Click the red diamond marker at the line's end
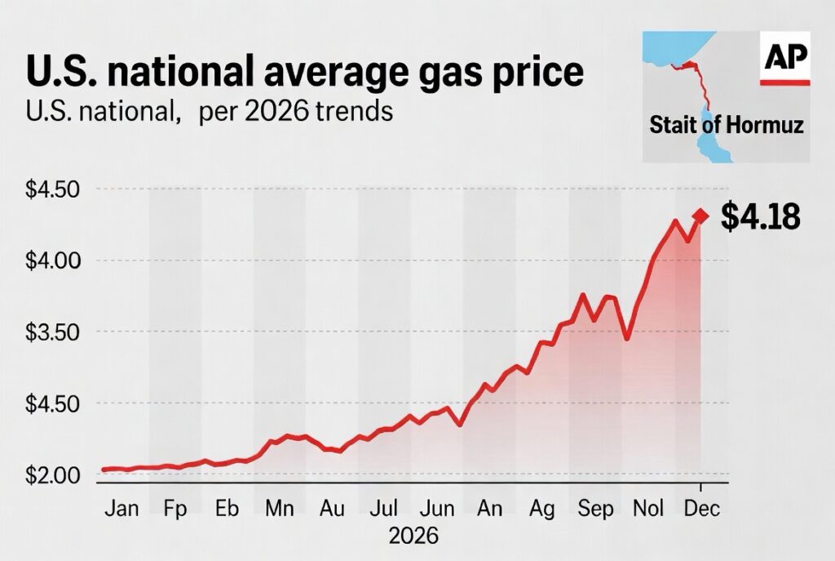(x=700, y=216)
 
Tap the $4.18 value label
(x=761, y=217)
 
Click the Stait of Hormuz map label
(x=727, y=126)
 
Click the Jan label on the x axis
(x=122, y=508)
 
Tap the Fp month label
(x=175, y=508)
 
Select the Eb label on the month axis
(x=227, y=508)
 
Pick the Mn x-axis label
(x=280, y=508)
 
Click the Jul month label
(x=384, y=508)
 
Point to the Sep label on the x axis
(x=595, y=508)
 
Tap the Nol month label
(x=648, y=508)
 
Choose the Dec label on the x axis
(x=700, y=508)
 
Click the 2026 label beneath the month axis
(x=413, y=537)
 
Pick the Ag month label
(x=542, y=508)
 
